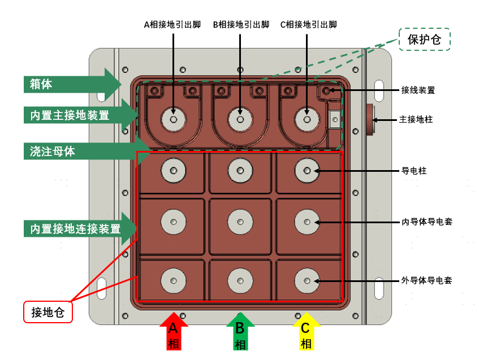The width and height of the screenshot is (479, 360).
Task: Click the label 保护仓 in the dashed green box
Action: click(x=425, y=40)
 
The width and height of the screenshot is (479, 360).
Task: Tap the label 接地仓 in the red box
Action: click(x=48, y=312)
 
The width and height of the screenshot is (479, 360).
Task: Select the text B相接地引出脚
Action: click(x=240, y=25)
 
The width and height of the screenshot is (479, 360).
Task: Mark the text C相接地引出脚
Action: click(x=308, y=25)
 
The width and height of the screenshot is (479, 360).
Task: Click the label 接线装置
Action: click(x=418, y=90)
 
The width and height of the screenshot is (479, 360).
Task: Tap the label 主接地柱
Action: click(x=418, y=120)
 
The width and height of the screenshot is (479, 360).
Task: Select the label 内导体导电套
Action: click(x=426, y=222)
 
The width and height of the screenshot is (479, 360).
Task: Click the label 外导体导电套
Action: click(x=426, y=280)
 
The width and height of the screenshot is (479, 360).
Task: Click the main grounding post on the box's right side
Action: click(x=372, y=119)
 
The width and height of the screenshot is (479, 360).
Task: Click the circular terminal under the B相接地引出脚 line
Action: click(x=240, y=119)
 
